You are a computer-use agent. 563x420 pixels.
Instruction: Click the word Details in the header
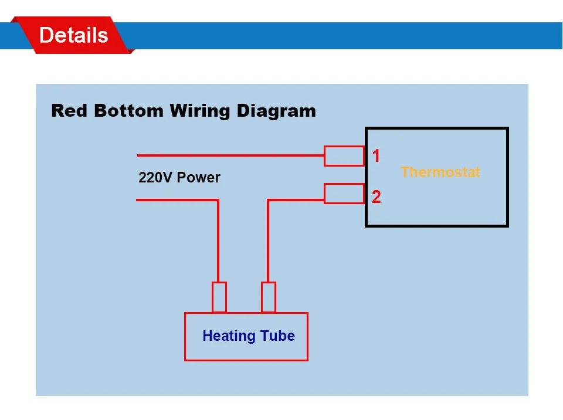coord(73,35)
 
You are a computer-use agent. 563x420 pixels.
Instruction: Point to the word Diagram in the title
coord(276,111)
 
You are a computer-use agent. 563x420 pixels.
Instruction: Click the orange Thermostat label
coord(440,172)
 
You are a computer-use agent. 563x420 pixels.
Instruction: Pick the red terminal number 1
coord(376,156)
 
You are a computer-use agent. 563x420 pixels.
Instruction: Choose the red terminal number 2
coord(376,197)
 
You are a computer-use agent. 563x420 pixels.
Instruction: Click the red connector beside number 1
coord(344,156)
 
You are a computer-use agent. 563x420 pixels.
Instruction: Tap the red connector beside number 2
coord(344,194)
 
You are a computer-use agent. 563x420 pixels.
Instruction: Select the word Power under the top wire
coord(199,177)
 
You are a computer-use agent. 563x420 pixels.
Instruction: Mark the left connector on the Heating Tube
coord(219,297)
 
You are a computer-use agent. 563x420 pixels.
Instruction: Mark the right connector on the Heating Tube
coord(269,297)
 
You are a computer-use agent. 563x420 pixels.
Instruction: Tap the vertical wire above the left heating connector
coord(218,241)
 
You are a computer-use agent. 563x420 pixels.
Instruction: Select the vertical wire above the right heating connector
coord(268,241)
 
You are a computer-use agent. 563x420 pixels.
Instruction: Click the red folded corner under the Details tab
coord(130,51)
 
